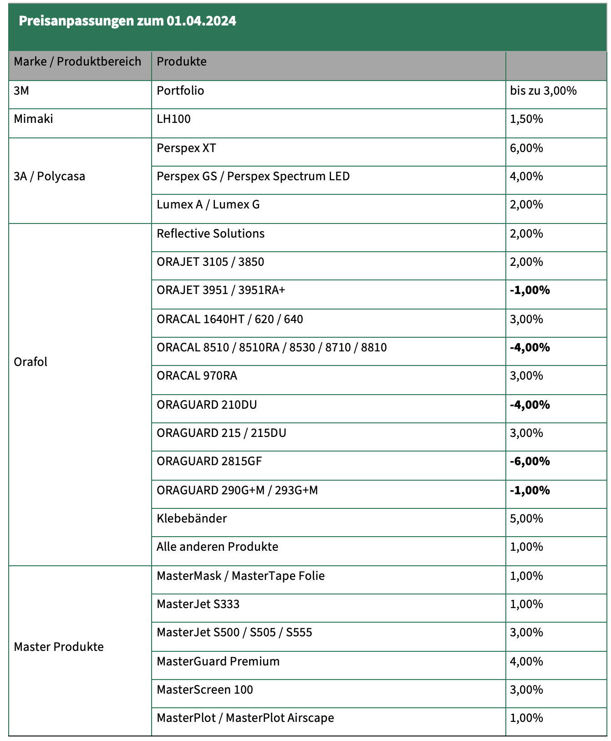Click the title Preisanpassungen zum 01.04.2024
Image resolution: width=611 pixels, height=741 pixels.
(127, 21)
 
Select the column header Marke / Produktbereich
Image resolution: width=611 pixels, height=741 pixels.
(77, 61)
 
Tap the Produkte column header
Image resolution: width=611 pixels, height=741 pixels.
(181, 61)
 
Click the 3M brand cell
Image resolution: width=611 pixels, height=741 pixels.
(21, 91)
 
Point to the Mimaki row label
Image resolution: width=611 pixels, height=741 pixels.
(33, 119)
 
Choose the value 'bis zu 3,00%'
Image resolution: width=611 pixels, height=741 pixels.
(543, 91)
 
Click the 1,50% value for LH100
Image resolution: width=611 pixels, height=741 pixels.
(526, 119)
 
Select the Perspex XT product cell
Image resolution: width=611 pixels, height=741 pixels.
(186, 148)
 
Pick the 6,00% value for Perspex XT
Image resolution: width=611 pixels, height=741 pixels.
(526, 148)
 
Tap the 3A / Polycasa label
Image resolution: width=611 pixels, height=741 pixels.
(49, 177)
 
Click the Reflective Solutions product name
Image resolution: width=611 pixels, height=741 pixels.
(210, 234)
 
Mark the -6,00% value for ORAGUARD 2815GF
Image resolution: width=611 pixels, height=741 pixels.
(530, 462)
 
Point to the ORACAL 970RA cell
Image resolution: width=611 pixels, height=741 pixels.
(197, 376)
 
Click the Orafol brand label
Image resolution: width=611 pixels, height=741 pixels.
(31, 362)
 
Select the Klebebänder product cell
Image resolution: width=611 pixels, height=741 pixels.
(191, 519)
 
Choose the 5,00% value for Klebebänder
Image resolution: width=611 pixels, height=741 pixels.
(526, 519)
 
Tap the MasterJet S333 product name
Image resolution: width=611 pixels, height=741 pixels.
(198, 604)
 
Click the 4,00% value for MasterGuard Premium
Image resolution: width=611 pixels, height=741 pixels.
(526, 662)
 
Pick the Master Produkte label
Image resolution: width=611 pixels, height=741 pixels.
(59, 647)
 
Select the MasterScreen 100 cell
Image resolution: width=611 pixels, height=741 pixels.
(204, 690)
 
